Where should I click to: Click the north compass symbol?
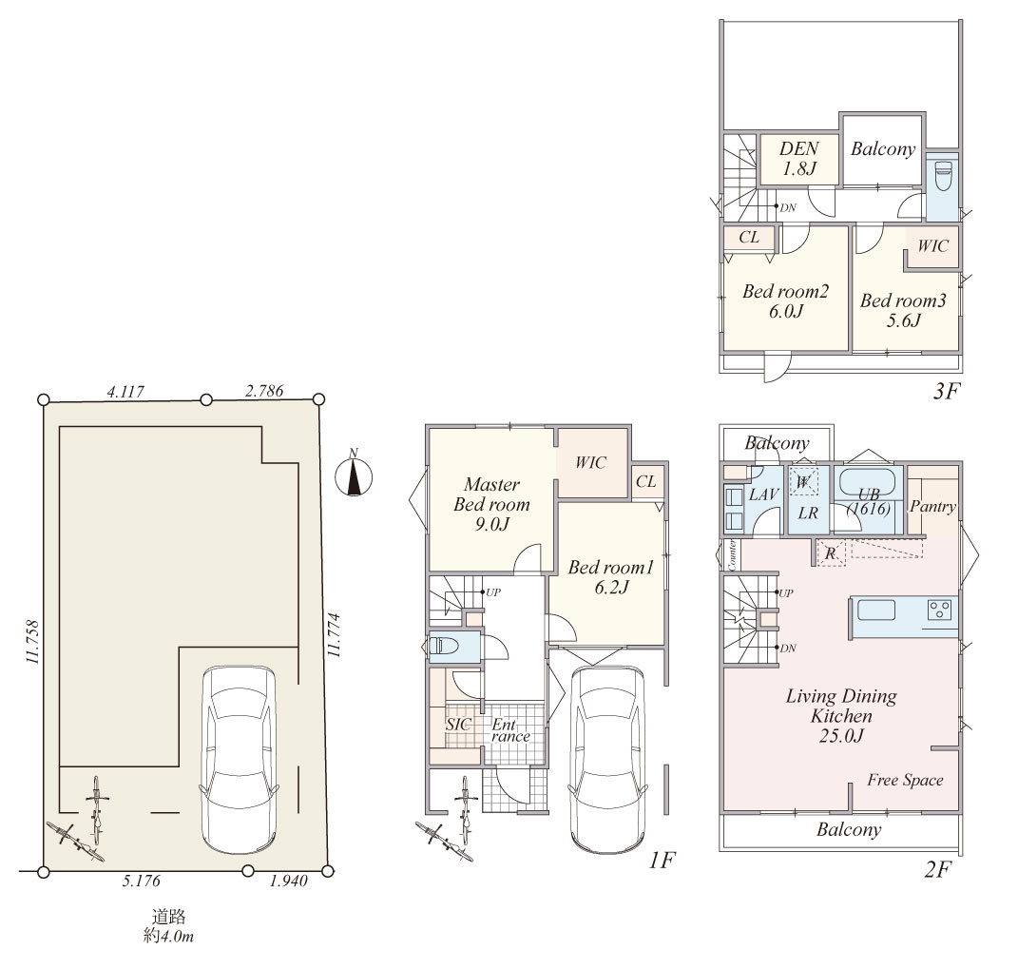pyautogui.click(x=354, y=476)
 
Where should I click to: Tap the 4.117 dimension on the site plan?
pyautogui.click(x=125, y=392)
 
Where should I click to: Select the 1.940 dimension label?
pyautogui.click(x=288, y=881)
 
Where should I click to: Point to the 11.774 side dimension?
pyautogui.click(x=335, y=634)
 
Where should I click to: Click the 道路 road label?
pyautogui.click(x=169, y=917)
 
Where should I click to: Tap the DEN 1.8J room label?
pyautogui.click(x=798, y=159)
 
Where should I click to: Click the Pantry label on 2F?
pyautogui.click(x=933, y=507)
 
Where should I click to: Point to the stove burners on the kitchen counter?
pyautogui.click(x=940, y=610)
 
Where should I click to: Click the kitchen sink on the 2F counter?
pyautogui.click(x=876, y=610)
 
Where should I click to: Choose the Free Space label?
pyautogui.click(x=905, y=780)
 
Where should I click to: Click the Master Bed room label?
pyautogui.click(x=491, y=494)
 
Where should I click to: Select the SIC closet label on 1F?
pyautogui.click(x=458, y=724)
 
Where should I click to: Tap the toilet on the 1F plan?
pyautogui.click(x=444, y=647)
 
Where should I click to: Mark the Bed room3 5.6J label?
pyautogui.click(x=903, y=310)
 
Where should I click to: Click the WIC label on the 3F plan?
pyautogui.click(x=932, y=245)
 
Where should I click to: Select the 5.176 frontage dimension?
pyautogui.click(x=141, y=881)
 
